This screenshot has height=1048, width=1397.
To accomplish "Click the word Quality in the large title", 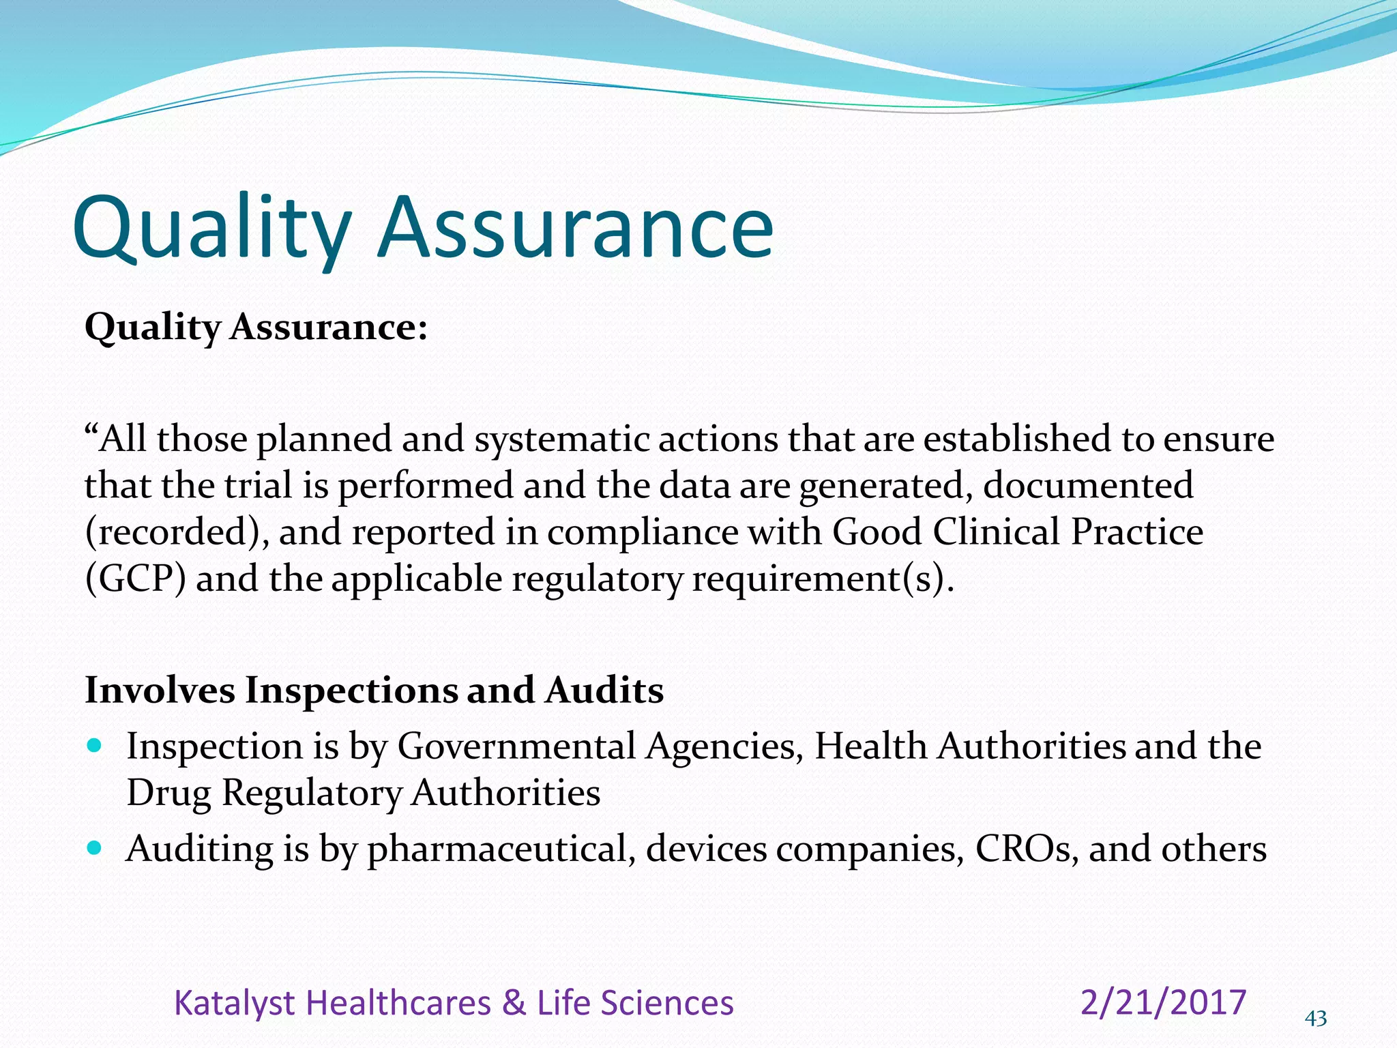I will [211, 229].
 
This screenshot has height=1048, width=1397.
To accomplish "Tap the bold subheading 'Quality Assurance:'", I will [256, 327].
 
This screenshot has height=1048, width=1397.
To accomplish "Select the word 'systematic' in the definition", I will [561, 439].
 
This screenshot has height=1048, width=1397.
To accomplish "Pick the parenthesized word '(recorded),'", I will [176, 532].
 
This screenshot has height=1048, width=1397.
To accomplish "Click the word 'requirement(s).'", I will [823, 579].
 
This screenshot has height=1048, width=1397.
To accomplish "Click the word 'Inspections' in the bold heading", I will [351, 690].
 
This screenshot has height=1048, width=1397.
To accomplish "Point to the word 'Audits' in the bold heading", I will [604, 690].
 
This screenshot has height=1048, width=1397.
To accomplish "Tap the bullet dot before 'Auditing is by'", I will [95, 848].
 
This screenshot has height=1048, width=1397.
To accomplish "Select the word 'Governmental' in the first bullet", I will [516, 746].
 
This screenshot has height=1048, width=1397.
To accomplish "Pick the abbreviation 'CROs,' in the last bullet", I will [1027, 850].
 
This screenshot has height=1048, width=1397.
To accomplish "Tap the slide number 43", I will [1316, 1019].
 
